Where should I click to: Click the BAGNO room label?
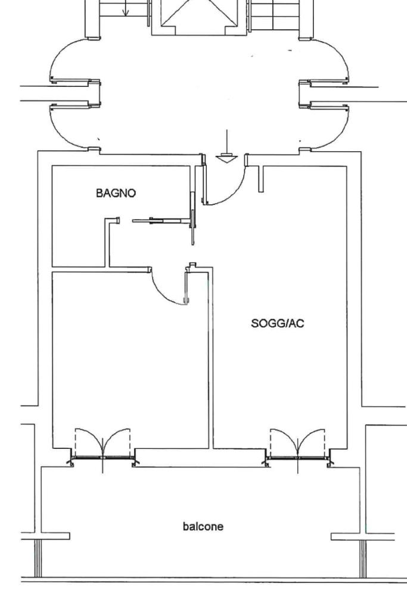pyautogui.click(x=116, y=193)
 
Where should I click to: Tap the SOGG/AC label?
pyautogui.click(x=278, y=324)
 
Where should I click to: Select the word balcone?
pyautogui.click(x=203, y=526)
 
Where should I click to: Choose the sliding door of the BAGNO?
pyautogui.click(x=161, y=220)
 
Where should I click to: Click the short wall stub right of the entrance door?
pyautogui.click(x=261, y=179)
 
